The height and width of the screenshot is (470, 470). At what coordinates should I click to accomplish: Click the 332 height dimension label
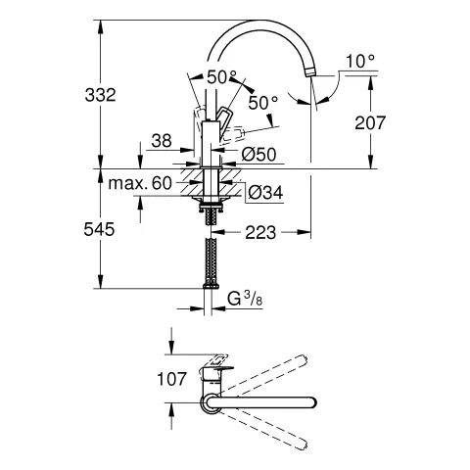pos(100,95)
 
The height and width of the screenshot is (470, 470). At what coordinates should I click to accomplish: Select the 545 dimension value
pos(100,230)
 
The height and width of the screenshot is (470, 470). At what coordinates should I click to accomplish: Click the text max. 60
pos(141,183)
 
